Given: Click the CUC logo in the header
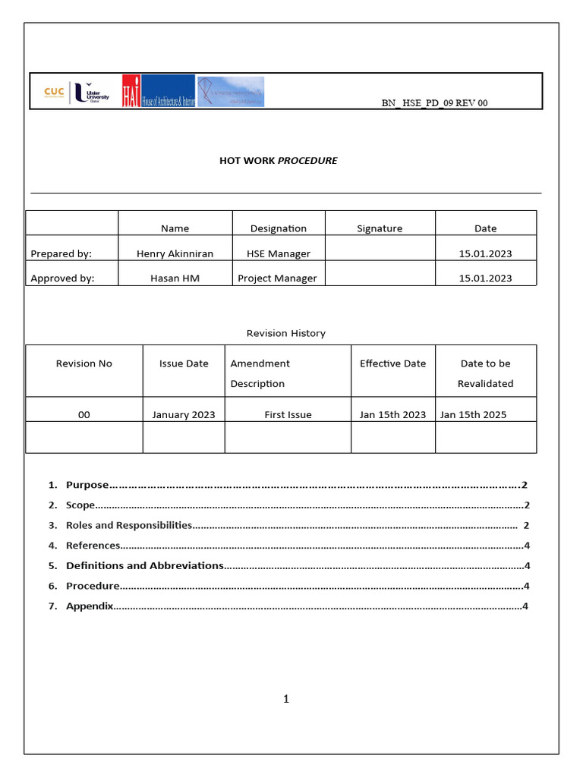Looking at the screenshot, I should coord(54,92).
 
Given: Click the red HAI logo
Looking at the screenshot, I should coord(131,91).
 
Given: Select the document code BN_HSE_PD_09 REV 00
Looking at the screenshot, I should coord(434,103).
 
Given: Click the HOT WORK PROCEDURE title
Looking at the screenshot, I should coord(278,161).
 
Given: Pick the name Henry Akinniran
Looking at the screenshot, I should coord(175,253).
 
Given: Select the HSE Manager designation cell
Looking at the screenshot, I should coord(278,253).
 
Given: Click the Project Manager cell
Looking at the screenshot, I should coord(277,278).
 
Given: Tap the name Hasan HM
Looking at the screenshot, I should coord(175,278).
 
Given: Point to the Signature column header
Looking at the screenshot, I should coord(380,228).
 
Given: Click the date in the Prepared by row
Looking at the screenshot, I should coord(485,253).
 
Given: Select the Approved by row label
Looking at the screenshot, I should coord(62,278).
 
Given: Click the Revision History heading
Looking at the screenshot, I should coord(285,333).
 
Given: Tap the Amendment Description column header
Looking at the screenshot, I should coord(260,373).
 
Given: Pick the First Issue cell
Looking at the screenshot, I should coord(288,415).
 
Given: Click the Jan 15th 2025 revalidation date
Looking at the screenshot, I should coord(473,415).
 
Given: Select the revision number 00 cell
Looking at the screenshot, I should coord(84,415).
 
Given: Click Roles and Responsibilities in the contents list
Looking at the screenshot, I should coord(128,525).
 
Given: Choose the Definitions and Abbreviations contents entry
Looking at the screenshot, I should coord(144,565).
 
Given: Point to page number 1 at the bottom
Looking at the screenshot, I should coord(286,699).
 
